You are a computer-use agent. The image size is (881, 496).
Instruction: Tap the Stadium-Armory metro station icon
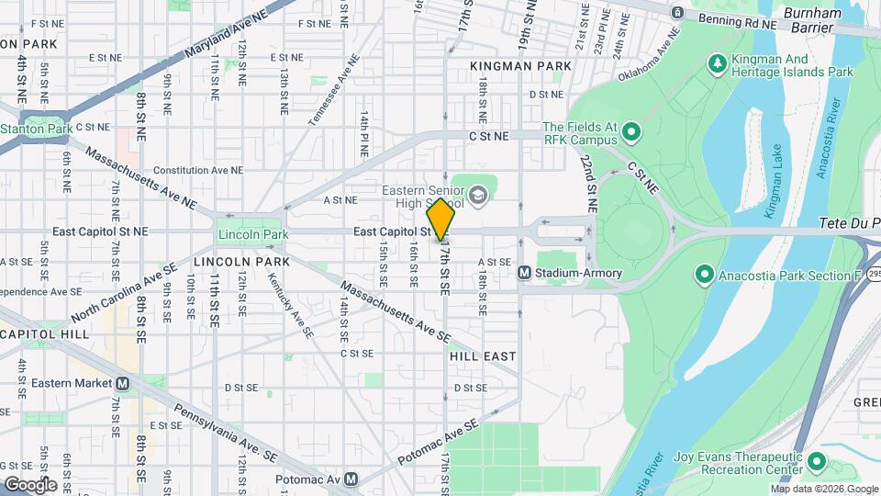pyautogui.click(x=525, y=273)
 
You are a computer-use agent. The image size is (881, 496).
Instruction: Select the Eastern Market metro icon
pyautogui.click(x=122, y=383)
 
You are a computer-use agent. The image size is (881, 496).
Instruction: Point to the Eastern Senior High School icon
pyautogui.click(x=477, y=195)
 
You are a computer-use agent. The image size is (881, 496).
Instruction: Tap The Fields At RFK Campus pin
pyautogui.click(x=630, y=133)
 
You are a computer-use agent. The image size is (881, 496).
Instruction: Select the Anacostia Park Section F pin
pyautogui.click(x=704, y=273)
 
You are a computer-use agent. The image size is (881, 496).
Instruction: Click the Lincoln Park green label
pyautogui.click(x=252, y=234)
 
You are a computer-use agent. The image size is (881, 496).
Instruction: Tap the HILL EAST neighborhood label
pyautogui.click(x=483, y=355)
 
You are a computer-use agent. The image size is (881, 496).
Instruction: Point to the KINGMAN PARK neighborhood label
pyautogui.click(x=520, y=66)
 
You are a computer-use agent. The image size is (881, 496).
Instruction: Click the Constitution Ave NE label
pyautogui.click(x=198, y=170)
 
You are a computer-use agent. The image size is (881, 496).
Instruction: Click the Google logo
pyautogui.click(x=30, y=484)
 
